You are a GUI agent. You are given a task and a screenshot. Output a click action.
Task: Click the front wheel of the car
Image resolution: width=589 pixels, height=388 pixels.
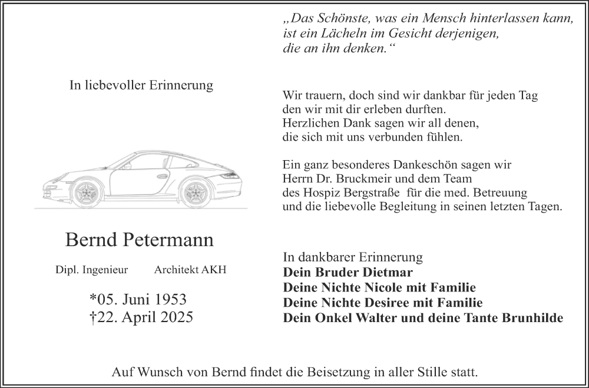point(87,192)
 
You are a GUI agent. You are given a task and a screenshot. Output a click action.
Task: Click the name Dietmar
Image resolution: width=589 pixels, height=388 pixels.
point(387,273)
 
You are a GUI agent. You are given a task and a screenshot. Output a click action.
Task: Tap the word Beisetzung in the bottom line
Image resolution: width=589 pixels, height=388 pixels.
point(335,372)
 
